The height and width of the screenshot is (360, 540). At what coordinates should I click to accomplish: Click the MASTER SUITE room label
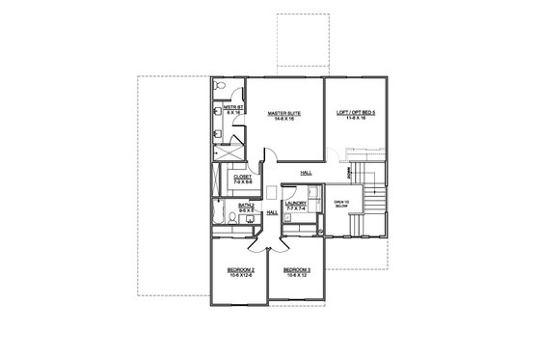[x=284, y=114]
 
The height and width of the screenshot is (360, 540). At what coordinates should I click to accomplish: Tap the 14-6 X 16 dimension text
[x=284, y=120]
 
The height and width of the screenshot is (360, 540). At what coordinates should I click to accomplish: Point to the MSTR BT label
[x=231, y=108]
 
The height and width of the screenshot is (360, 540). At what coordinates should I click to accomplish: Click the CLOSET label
[x=242, y=177]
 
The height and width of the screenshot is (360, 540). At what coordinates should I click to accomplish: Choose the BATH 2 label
[x=246, y=206]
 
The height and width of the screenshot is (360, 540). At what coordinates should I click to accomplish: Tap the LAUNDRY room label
[x=295, y=203]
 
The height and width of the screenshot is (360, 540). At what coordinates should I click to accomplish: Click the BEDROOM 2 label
[x=240, y=269]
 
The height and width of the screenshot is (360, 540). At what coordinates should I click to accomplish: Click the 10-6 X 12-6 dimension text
[x=240, y=275]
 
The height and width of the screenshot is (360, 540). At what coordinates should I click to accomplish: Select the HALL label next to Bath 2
[x=272, y=212]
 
